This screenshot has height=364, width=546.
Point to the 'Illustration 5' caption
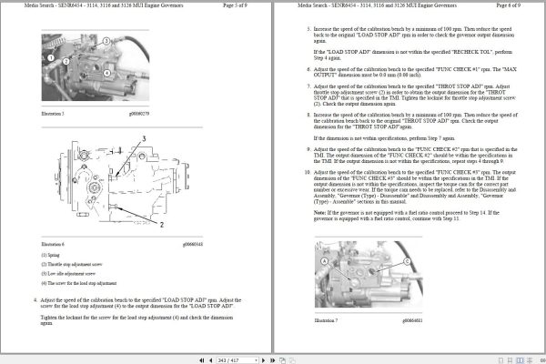pyautogui.click(x=53, y=113)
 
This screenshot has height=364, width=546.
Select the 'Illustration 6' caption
pyautogui.click(x=53, y=245)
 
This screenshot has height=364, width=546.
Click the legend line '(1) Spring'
pyautogui.click(x=51, y=255)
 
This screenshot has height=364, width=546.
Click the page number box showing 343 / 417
pyautogui.click(x=238, y=359)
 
